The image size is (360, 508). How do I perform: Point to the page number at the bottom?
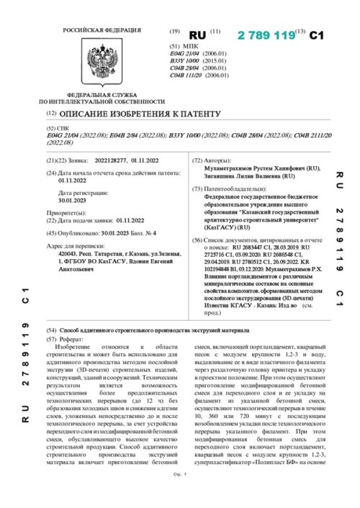tap(180, 495)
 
